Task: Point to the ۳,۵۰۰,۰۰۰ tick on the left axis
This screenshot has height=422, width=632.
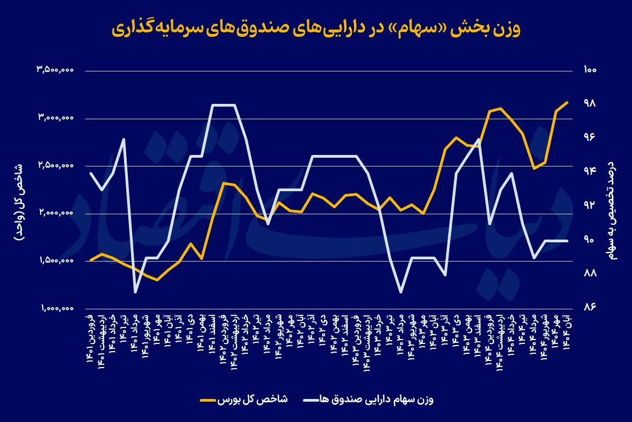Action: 55,70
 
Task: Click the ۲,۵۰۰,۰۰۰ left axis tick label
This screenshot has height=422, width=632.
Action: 55,165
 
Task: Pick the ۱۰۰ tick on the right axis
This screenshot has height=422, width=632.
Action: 590,70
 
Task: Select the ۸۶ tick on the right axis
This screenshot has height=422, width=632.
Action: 590,308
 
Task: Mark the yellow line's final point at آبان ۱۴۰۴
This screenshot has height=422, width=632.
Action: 567,102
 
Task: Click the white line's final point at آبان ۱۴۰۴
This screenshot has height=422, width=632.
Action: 567,241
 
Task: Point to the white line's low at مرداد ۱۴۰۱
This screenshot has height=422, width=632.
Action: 135,292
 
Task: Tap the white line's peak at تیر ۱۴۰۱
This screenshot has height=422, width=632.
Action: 124,139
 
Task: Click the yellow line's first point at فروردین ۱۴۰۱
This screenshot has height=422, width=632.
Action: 91,260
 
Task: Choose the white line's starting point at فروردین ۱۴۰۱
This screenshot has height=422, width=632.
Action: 91,173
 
